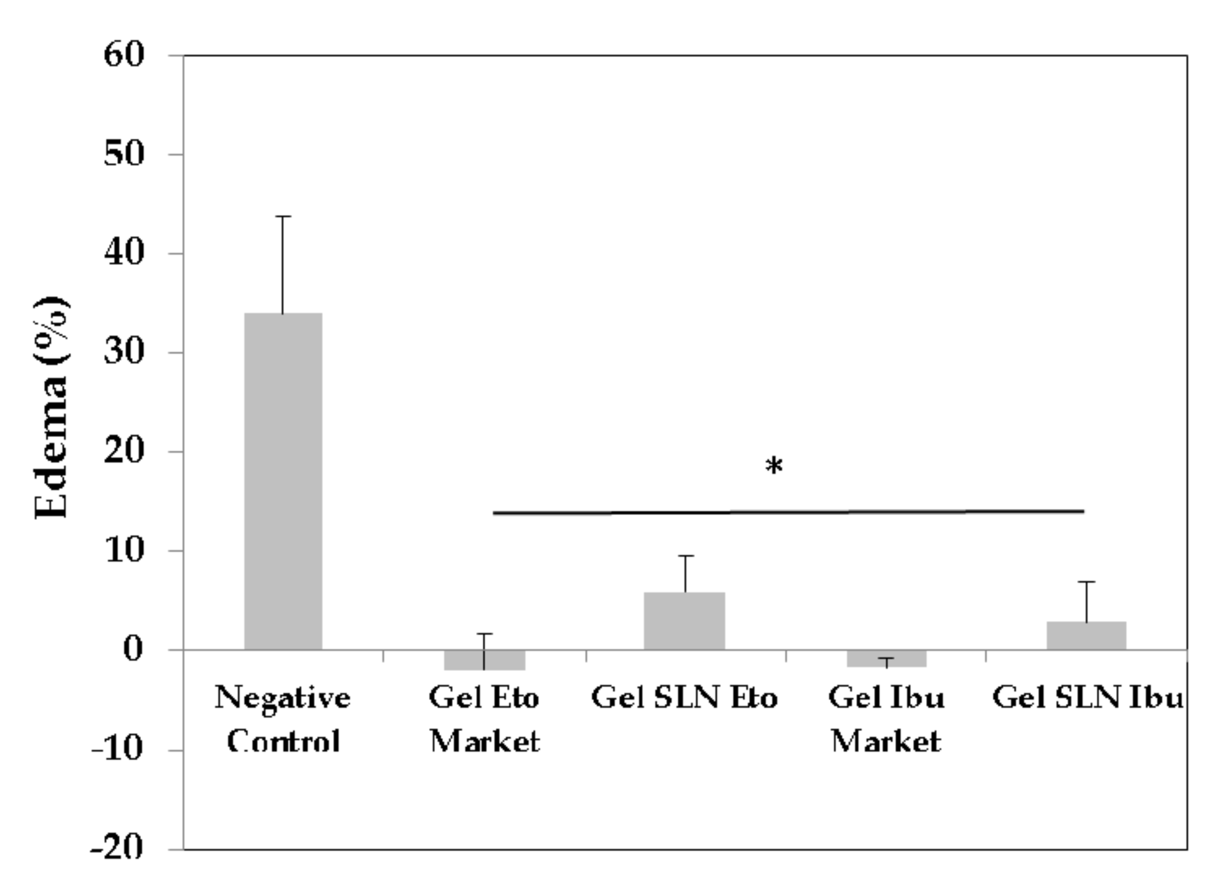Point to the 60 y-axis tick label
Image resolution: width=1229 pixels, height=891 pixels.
(x=124, y=55)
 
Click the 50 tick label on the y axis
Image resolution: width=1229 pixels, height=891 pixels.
(x=124, y=155)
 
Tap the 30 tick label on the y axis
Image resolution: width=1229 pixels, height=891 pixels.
(x=124, y=352)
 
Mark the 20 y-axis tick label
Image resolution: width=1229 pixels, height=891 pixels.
(x=124, y=452)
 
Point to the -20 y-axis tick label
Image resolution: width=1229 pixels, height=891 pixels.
(x=116, y=849)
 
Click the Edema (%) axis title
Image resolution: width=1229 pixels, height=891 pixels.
(x=52, y=407)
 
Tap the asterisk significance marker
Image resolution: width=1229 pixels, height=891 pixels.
(x=774, y=466)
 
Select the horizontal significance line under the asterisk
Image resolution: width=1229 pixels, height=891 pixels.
(x=789, y=511)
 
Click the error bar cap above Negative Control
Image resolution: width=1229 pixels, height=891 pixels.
(x=283, y=216)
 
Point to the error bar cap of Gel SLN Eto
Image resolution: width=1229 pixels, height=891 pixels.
(x=686, y=556)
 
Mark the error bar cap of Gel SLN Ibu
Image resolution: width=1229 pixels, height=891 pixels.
(x=1087, y=581)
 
